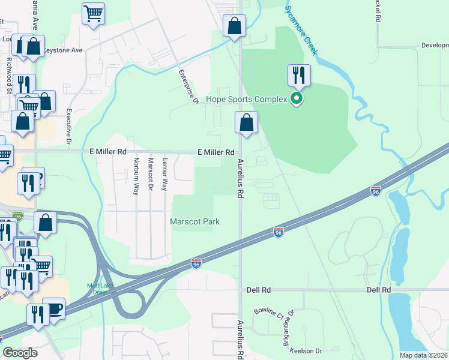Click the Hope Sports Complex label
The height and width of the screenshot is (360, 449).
246,99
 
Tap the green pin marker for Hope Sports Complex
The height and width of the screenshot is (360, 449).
295,98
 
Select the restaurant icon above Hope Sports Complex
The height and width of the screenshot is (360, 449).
299,75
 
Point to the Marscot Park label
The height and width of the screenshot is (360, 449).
194,221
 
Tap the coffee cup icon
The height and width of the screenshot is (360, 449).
55,309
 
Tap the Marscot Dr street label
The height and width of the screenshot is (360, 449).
151,175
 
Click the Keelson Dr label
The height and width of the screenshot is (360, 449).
306,350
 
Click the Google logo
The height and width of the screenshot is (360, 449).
20,353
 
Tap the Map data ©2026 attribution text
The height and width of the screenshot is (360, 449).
423,355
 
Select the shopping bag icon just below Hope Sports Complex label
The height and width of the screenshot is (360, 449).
246,123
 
